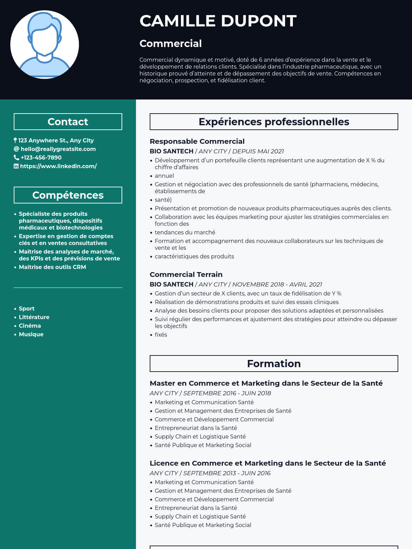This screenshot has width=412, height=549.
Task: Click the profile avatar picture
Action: click(x=45, y=45)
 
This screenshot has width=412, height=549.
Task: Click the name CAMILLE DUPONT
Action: click(x=218, y=21)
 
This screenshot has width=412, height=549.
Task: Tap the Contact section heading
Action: click(x=68, y=122)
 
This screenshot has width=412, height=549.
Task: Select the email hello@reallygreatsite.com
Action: click(x=58, y=149)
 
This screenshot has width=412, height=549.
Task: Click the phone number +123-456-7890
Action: click(x=41, y=157)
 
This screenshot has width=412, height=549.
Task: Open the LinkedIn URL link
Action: click(x=58, y=166)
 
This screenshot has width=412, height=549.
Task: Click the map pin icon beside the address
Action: click(x=15, y=140)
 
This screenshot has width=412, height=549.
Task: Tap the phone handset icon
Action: click(x=16, y=157)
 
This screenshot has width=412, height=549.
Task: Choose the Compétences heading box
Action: click(x=68, y=195)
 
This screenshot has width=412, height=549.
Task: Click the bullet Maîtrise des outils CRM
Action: click(x=52, y=267)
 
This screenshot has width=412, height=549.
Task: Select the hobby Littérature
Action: click(x=34, y=317)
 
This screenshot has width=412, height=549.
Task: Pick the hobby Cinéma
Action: click(x=30, y=326)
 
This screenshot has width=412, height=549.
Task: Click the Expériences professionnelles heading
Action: click(x=274, y=122)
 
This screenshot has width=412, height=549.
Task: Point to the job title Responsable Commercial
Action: click(x=197, y=141)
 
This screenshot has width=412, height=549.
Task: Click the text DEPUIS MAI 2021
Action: click(x=258, y=151)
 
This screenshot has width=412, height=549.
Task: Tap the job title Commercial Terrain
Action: click(x=186, y=274)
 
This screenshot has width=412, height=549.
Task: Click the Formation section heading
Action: click(x=274, y=364)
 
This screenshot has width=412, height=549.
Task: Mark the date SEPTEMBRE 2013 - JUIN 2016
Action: click(x=227, y=473)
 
